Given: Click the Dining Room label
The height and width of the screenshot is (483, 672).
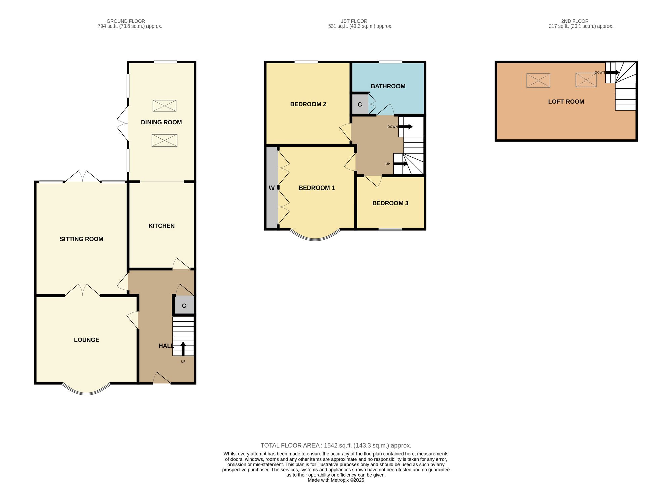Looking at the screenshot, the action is tap(161, 122).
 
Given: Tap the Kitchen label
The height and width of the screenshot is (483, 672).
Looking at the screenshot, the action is tap(161, 226).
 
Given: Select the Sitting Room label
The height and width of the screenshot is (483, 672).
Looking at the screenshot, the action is tap(82, 239).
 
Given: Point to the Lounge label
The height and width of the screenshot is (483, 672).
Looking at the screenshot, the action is tap(87, 340).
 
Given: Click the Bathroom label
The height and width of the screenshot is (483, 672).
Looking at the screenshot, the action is tap(388, 86).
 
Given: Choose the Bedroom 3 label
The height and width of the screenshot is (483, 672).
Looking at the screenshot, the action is tap(390, 203).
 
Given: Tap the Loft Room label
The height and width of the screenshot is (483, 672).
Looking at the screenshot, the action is tap(566, 102).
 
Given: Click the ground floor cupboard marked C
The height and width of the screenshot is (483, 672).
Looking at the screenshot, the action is tap(184, 306).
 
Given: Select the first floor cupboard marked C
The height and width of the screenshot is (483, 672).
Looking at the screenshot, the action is tap(360, 104).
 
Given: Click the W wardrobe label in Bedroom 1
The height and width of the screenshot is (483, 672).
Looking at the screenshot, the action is tap(271, 188).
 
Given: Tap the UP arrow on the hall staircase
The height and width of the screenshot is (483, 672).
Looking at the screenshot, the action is tap(183, 348).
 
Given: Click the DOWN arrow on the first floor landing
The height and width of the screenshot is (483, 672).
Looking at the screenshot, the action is tap(406, 127).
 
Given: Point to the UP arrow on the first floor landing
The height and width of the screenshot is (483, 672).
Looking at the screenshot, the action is tap(401, 164).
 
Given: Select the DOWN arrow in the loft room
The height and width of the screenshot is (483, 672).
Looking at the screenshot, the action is tap(613, 72).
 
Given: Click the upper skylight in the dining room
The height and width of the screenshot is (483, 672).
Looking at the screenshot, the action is tap(164, 106).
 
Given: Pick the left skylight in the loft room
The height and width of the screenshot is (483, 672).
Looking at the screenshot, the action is tap(538, 80).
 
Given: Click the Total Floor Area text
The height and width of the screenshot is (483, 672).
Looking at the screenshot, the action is tap(336, 446).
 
